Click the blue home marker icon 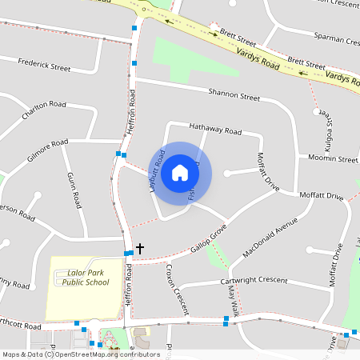pyautogui.click(x=180, y=173)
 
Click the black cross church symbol pyautogui.click(x=140, y=249)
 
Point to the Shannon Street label pyautogui.click(x=234, y=95)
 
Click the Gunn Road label pyautogui.click(x=74, y=188)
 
